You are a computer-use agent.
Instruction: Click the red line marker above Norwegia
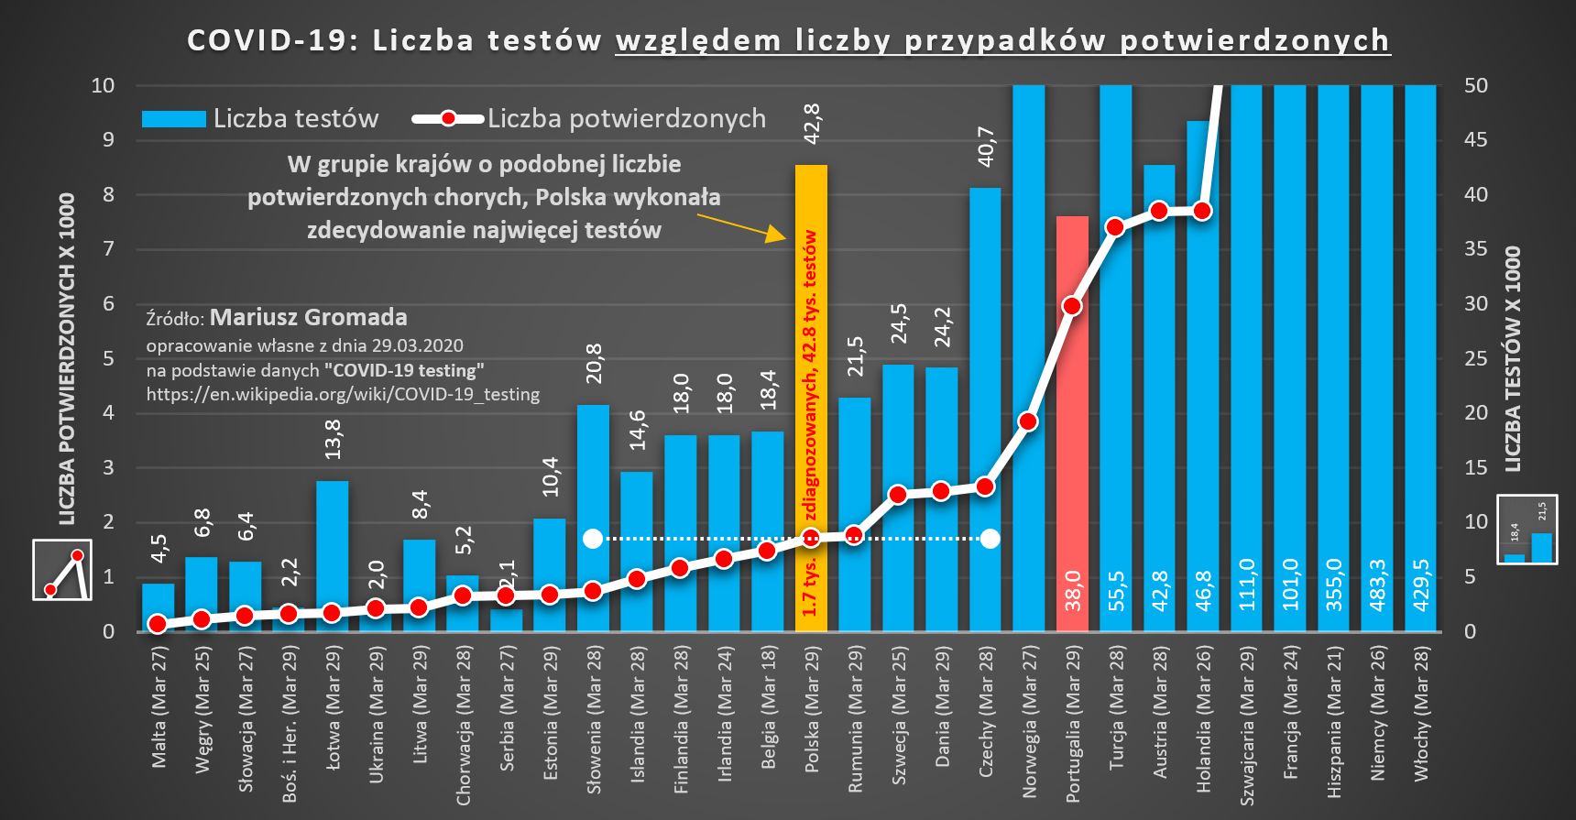[1028, 421]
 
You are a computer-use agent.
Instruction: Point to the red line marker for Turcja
[1115, 227]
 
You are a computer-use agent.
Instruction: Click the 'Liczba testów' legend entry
[261, 119]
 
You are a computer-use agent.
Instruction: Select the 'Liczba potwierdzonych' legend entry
[589, 119]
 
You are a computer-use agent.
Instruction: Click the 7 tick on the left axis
[109, 249]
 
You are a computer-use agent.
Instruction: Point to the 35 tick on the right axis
[1475, 249]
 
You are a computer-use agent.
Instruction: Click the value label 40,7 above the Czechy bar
[986, 147]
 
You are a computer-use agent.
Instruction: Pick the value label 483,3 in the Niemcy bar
[1377, 585]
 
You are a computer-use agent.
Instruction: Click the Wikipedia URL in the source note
[343, 395]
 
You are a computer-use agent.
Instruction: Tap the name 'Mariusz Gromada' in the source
[309, 318]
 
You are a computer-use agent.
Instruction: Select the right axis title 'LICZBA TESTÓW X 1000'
[1513, 359]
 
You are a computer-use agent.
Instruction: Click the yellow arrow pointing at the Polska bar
[741, 227]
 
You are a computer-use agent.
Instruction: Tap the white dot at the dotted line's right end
[990, 539]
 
